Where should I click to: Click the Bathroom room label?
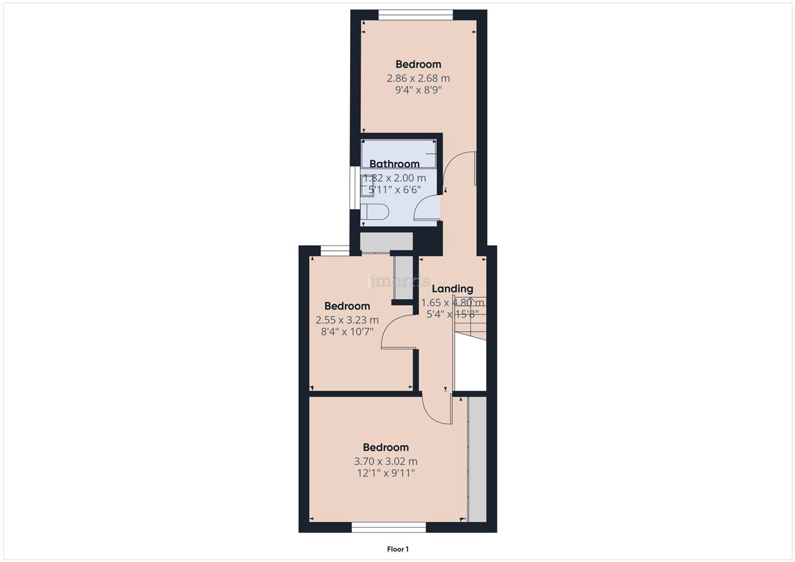click(394, 164)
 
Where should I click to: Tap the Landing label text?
click(452, 289)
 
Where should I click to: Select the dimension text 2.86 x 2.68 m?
click(418, 78)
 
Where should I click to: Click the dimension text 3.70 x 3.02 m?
click(386, 462)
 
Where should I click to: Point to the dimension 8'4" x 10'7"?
click(347, 332)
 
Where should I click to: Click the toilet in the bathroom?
click(376, 212)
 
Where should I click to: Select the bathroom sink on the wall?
click(366, 186)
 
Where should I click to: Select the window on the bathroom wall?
click(353, 187)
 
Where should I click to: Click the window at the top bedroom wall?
click(415, 15)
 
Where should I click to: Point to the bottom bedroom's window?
click(388, 527)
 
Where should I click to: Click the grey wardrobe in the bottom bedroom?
click(477, 459)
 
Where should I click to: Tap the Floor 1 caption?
click(397, 549)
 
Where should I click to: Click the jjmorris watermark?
click(397, 281)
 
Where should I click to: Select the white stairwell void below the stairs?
click(470, 363)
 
